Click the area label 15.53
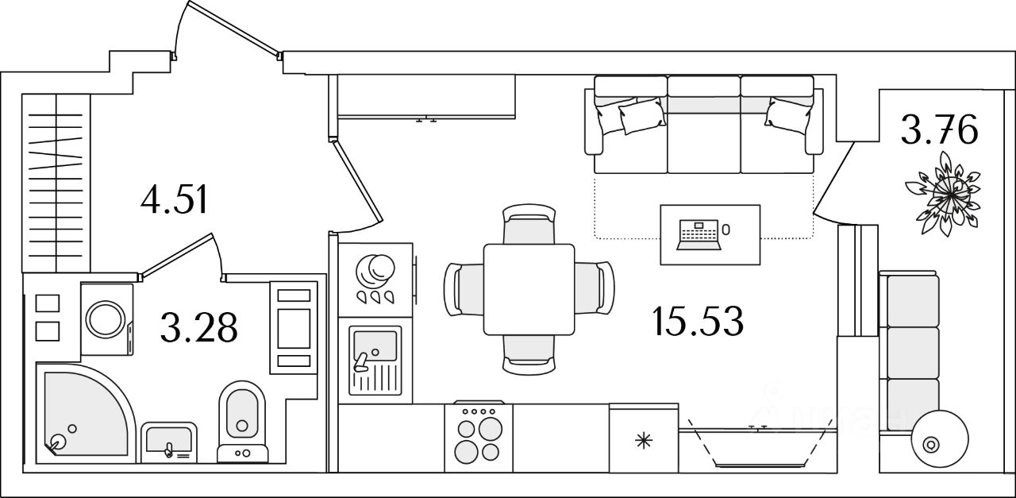[x=697, y=322]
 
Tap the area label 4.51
[x=174, y=200]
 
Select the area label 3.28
[x=198, y=327]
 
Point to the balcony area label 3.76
[x=938, y=131]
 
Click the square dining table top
[x=529, y=290]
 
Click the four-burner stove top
[x=478, y=438]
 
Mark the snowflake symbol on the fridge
[x=643, y=440]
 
